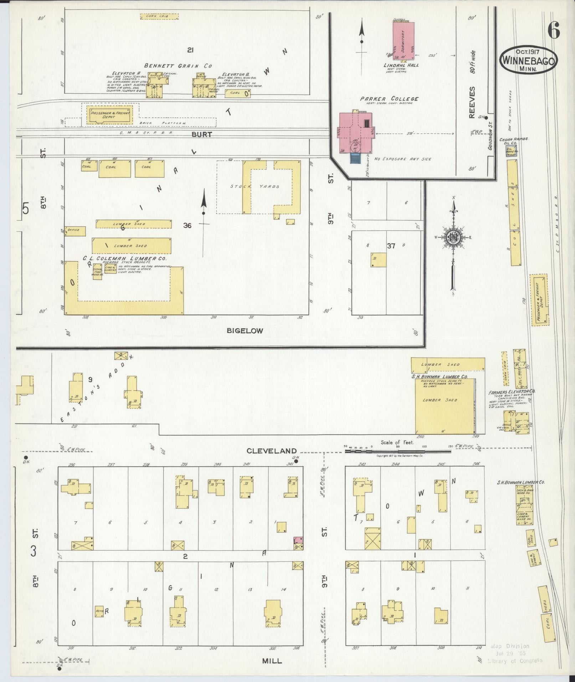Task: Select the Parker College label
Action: [389, 99]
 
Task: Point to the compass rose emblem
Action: [453, 237]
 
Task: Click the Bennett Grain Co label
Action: [178, 66]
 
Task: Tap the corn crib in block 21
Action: [159, 16]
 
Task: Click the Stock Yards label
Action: [255, 186]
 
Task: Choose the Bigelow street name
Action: [245, 330]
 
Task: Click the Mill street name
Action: [272, 661]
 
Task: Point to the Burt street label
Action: [201, 134]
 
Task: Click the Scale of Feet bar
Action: [397, 451]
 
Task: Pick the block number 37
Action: [391, 245]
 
